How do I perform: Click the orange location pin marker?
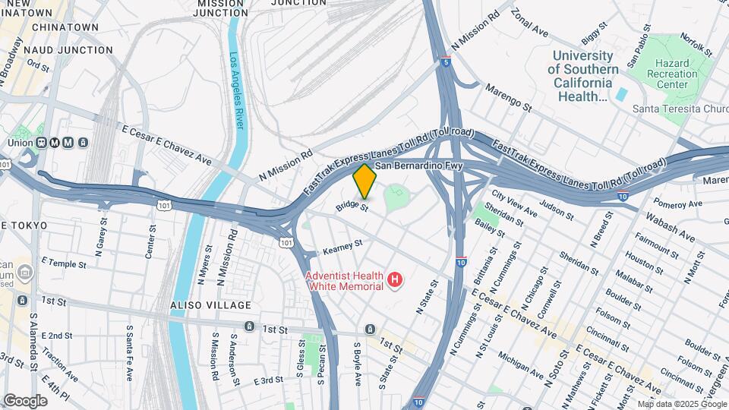coord(365,181)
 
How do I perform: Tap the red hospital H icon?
coord(394,281)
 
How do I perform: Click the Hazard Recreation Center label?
coord(677,74)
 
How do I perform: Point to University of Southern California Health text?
coord(582,76)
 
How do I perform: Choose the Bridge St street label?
coord(353,207)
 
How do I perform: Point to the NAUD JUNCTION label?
coord(68,50)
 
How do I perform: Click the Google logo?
coord(26,400)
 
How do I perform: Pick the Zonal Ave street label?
coord(529,24)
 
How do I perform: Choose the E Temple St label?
coord(64,263)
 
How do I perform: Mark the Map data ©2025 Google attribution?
coord(681,404)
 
